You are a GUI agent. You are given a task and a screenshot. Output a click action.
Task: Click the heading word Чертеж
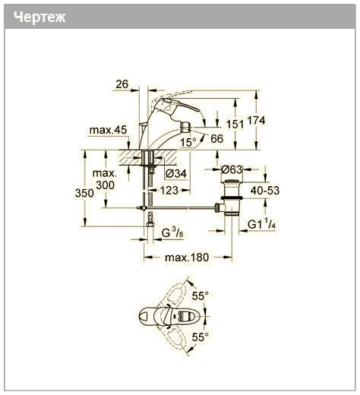click(x=39, y=17)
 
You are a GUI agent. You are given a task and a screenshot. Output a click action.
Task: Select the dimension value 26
click(x=122, y=84)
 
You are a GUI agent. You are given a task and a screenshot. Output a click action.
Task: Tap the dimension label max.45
click(x=108, y=130)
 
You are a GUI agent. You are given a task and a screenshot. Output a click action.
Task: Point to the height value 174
click(x=256, y=120)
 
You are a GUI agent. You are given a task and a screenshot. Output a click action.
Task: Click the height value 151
click(x=235, y=124)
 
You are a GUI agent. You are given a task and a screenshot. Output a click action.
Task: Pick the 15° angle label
click(x=188, y=143)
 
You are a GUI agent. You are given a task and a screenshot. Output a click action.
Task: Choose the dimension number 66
click(x=217, y=139)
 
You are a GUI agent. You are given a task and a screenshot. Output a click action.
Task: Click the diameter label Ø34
click(x=176, y=174)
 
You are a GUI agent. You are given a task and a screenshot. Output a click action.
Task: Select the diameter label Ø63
click(x=232, y=169)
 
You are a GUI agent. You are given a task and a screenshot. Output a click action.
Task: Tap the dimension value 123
click(x=169, y=191)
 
